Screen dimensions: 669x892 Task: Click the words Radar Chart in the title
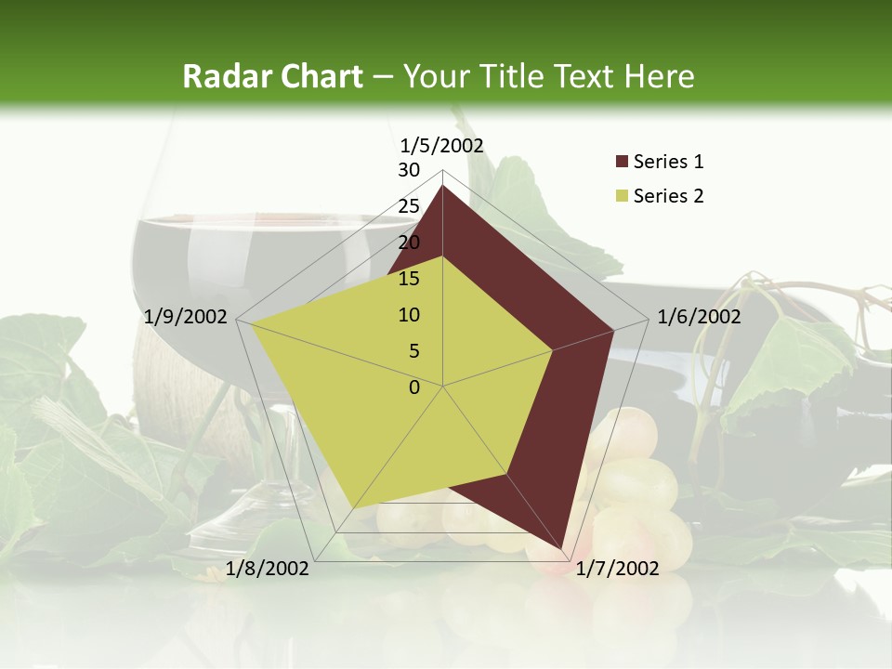(x=272, y=77)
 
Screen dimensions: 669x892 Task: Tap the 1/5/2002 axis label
(x=442, y=145)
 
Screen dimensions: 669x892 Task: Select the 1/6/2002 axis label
(x=699, y=317)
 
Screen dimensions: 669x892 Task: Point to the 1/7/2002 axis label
(x=617, y=569)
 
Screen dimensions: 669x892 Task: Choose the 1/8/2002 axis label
(x=268, y=569)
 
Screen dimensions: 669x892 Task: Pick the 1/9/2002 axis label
(x=186, y=317)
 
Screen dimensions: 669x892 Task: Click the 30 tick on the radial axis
(x=409, y=170)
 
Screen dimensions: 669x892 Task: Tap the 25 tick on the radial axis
(x=409, y=206)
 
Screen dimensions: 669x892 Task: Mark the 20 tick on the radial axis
(x=409, y=243)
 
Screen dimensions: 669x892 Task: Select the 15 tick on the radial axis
(x=409, y=279)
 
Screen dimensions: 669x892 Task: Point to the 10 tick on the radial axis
(x=409, y=315)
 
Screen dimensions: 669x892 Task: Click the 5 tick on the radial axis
(x=413, y=351)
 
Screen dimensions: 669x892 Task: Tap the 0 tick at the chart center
(x=414, y=387)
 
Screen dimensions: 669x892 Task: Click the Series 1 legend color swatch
(x=622, y=162)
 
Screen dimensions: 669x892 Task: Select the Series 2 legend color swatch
(x=622, y=196)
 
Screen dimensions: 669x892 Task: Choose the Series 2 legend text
(x=668, y=196)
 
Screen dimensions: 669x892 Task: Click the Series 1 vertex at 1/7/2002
(x=561, y=548)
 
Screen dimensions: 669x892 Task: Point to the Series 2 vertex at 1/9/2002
(x=251, y=322)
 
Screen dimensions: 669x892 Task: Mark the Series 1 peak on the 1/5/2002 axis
(x=442, y=186)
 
